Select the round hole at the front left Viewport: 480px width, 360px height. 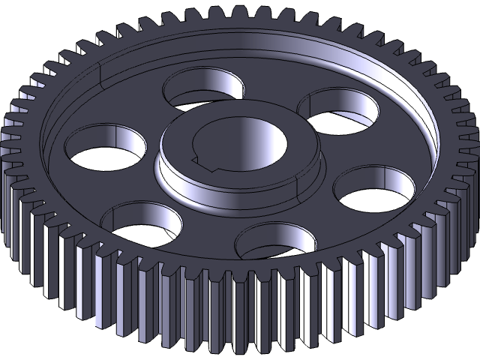pyautogui.click(x=142, y=225)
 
